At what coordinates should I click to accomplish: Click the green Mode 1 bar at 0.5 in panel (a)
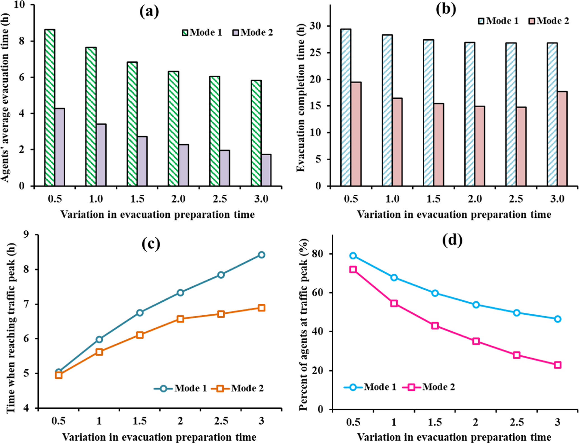tap(50, 108)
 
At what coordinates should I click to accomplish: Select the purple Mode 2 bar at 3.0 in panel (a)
tap(266, 170)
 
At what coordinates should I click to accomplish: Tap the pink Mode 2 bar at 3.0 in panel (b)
tap(562, 139)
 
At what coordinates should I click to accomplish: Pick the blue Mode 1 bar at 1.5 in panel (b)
tap(428, 113)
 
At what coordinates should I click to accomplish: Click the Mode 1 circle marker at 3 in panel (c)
tap(261, 255)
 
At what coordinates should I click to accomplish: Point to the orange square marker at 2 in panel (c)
tap(180, 319)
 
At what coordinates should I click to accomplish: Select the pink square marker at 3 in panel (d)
tap(557, 365)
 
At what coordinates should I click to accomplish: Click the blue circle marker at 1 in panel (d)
tap(394, 277)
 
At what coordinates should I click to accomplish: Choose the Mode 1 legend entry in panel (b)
tap(498, 21)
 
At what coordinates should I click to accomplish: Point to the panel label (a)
tap(149, 12)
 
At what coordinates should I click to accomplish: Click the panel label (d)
tap(452, 240)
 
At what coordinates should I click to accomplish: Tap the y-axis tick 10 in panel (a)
tap(21, 5)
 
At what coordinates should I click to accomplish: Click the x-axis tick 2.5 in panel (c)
tap(221, 421)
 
